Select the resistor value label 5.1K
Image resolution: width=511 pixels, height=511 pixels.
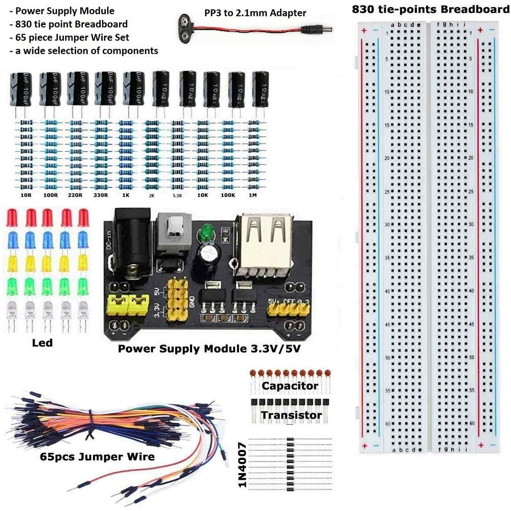tap(177, 195)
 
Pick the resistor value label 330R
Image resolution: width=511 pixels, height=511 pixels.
tap(102, 195)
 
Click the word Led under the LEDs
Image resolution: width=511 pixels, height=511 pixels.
tap(42, 343)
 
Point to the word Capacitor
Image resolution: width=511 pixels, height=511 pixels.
tap(290, 386)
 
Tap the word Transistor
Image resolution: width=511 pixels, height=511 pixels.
tap(291, 415)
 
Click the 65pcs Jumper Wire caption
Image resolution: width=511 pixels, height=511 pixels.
tap(97, 456)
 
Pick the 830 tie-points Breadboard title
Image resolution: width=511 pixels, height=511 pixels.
tap(430, 10)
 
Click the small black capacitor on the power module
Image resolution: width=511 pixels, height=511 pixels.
tap(210, 252)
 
